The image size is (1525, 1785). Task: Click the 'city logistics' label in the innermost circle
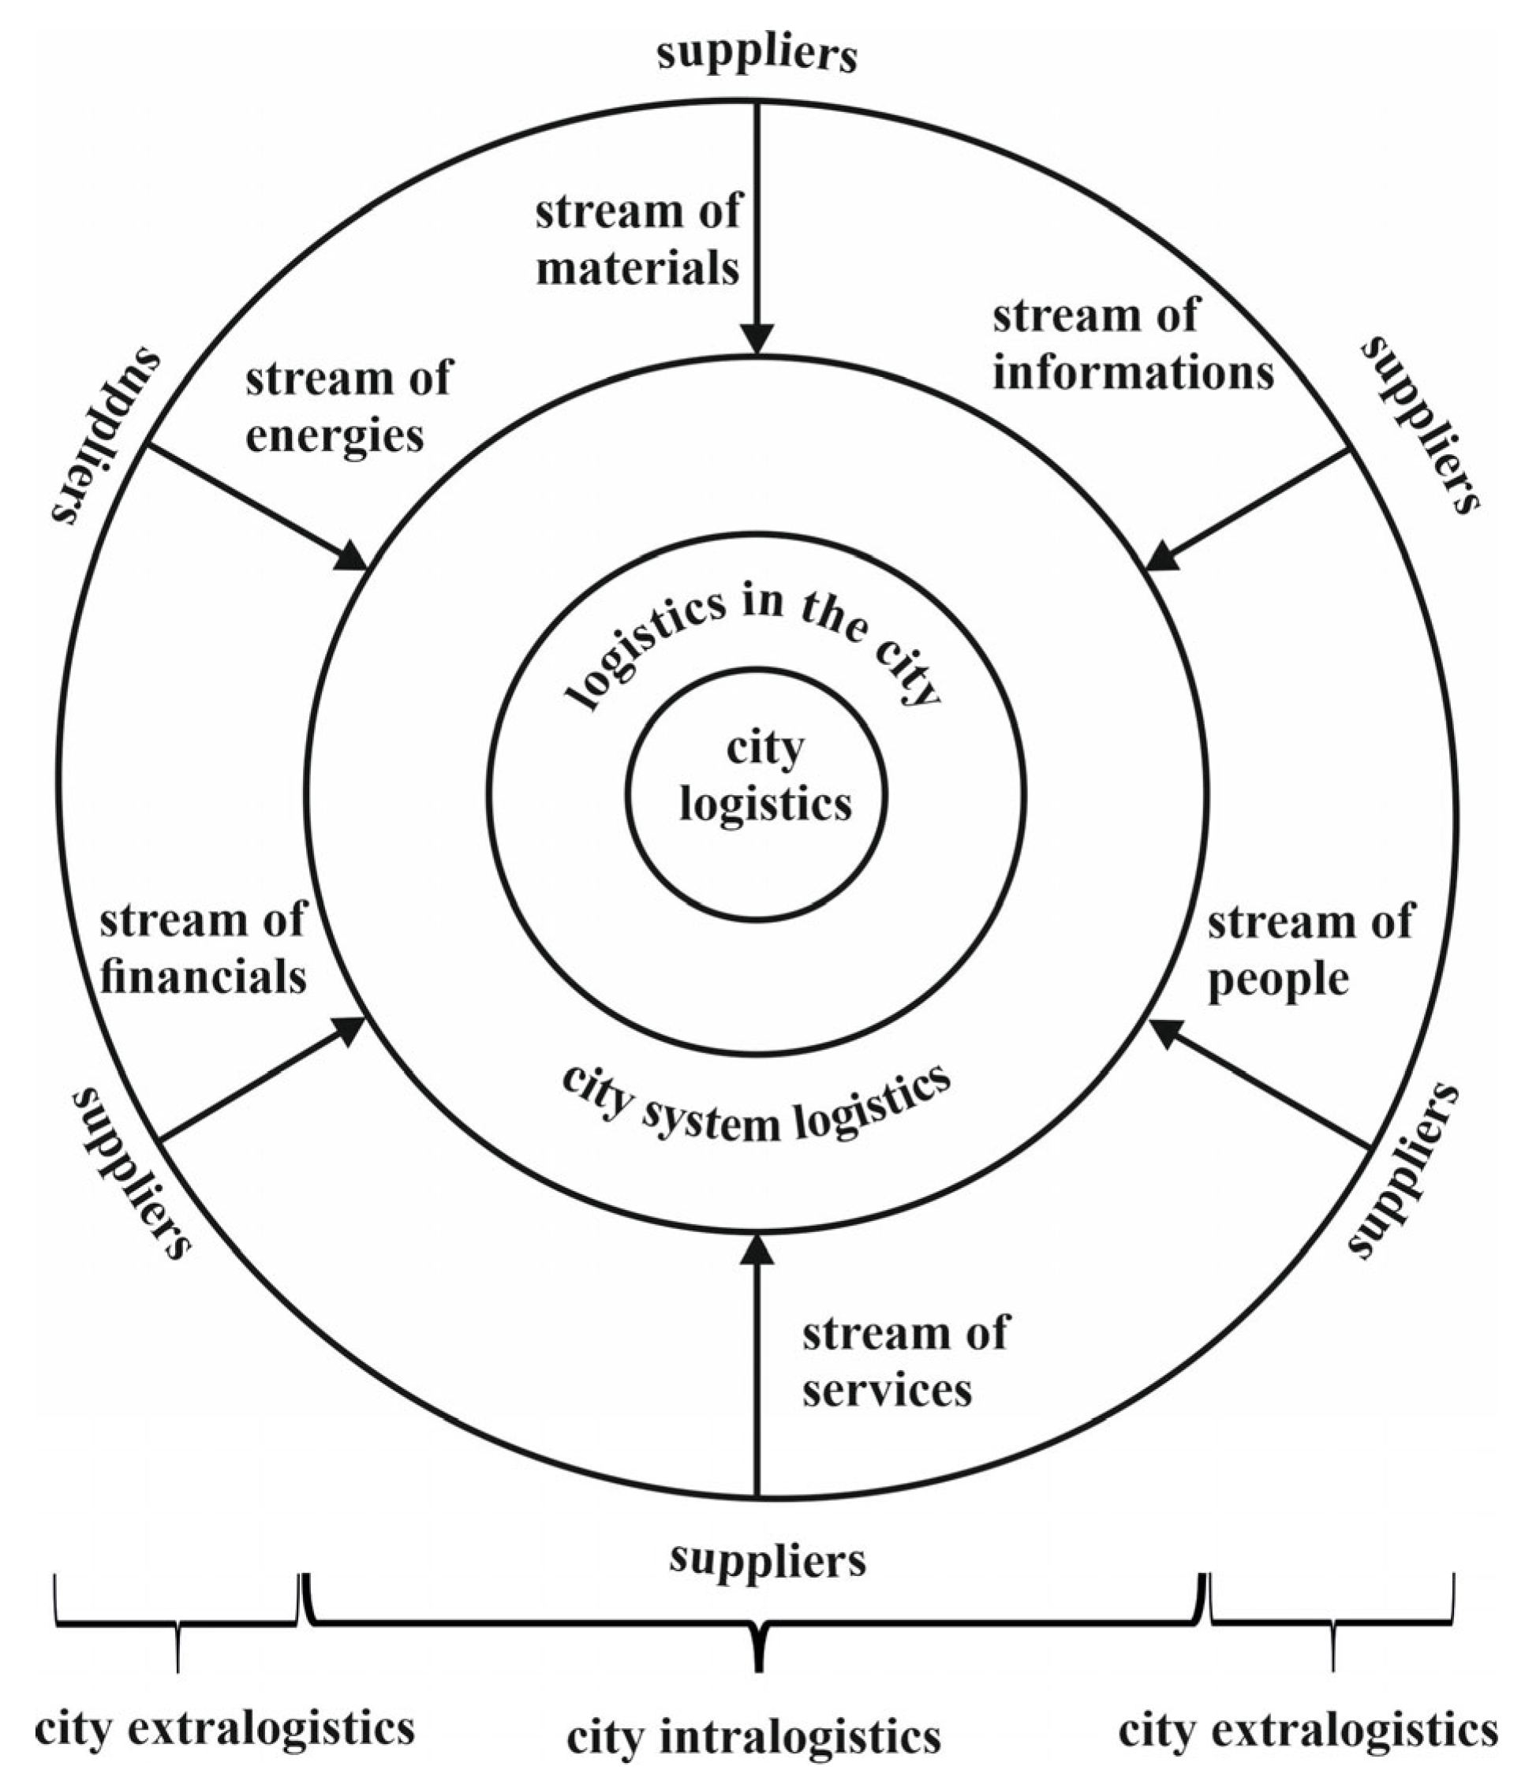click(x=765, y=777)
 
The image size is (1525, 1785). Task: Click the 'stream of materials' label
click(x=637, y=241)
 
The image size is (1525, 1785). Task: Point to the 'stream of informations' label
click(x=1132, y=345)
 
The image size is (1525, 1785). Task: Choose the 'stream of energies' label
click(x=347, y=407)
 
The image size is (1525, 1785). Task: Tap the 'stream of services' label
click(x=904, y=1361)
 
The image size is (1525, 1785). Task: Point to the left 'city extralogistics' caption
click(x=224, y=1728)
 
